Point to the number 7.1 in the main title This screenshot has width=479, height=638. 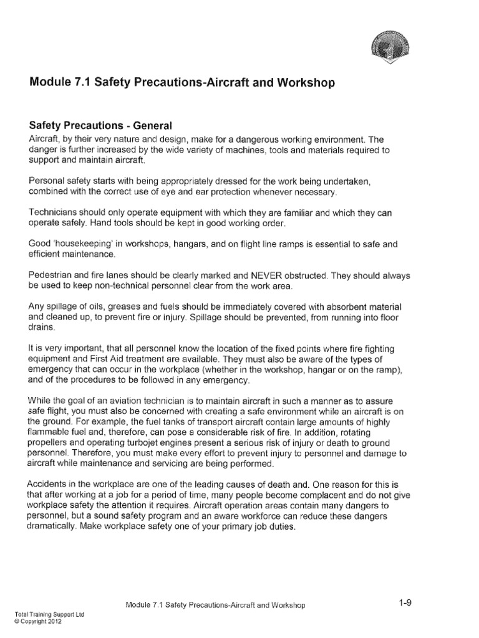pos(80,83)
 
